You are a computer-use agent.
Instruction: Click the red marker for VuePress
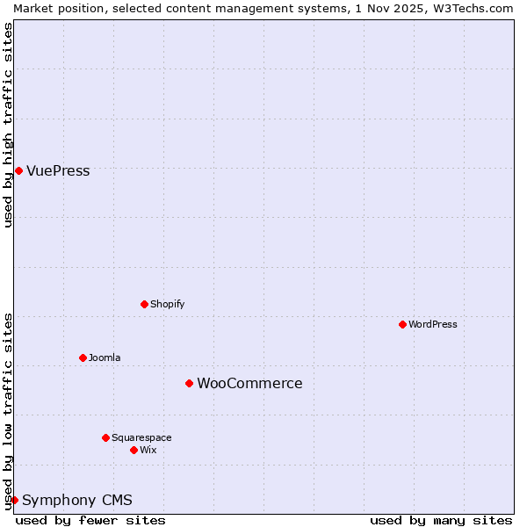point(18,170)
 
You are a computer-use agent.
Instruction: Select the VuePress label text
point(58,171)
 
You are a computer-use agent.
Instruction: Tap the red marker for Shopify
point(144,304)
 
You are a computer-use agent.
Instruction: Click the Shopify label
point(167,304)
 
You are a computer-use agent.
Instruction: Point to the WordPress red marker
point(402,324)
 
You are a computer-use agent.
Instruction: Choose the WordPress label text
point(432,324)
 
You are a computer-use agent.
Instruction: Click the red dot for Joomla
point(83,357)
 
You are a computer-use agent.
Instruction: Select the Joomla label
point(105,357)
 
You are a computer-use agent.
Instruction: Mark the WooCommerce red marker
point(189,383)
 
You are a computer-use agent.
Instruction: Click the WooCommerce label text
point(249,384)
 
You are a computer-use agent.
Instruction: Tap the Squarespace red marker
point(105,437)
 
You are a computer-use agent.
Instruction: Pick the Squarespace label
point(141,437)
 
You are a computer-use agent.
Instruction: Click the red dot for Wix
point(134,450)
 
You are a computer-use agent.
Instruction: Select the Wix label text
point(148,450)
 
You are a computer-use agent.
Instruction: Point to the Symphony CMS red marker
point(14,500)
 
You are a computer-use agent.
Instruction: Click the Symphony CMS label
point(77,501)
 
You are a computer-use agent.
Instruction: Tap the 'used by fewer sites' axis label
point(90,520)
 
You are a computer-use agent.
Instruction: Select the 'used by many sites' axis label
point(441,520)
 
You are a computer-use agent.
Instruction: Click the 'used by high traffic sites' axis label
point(8,125)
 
